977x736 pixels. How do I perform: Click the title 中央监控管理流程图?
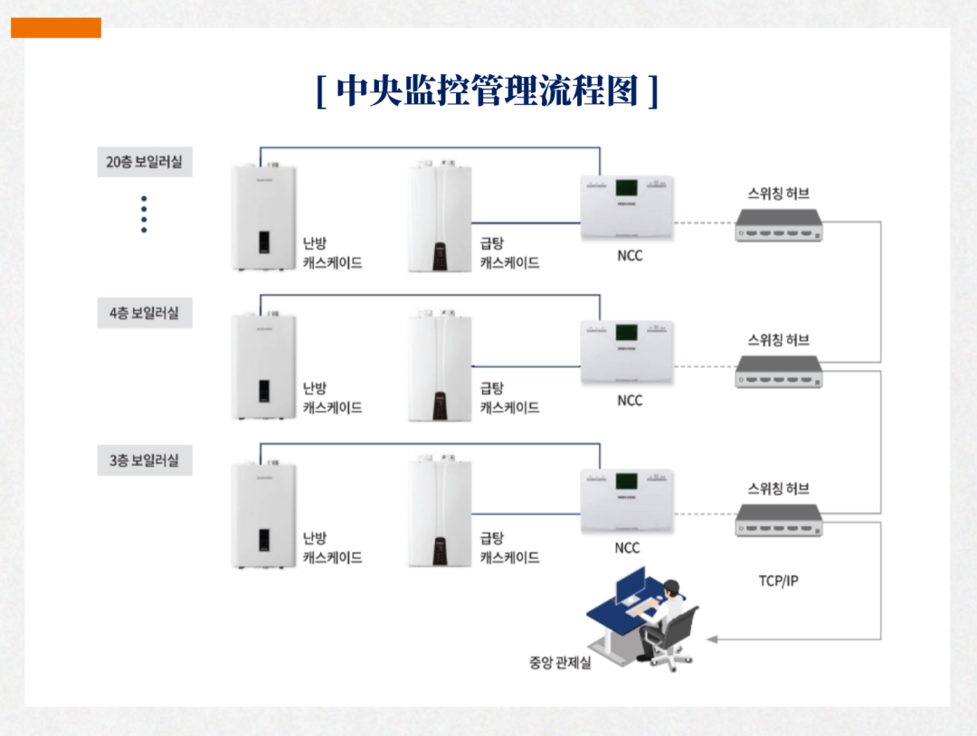(488, 91)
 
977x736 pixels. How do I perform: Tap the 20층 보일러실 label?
(145, 163)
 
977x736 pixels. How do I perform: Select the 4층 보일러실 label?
(145, 313)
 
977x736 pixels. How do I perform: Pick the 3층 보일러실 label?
(145, 460)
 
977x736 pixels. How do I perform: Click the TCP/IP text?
(778, 580)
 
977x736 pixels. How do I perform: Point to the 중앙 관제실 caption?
(560, 663)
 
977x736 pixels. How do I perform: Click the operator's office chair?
(674, 637)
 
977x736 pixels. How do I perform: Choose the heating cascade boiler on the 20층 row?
(263, 217)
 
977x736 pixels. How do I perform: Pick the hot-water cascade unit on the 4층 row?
(440, 365)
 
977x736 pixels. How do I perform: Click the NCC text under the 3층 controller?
(627, 548)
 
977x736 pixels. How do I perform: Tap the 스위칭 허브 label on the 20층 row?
(778, 193)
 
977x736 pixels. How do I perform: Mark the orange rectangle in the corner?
(56, 28)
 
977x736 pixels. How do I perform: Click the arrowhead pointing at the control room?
(712, 639)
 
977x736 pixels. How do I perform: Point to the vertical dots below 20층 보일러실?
(144, 214)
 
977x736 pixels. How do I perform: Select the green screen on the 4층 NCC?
(626, 333)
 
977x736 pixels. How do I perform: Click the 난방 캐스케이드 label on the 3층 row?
(332, 548)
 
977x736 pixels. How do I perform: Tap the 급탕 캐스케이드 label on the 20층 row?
(509, 252)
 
